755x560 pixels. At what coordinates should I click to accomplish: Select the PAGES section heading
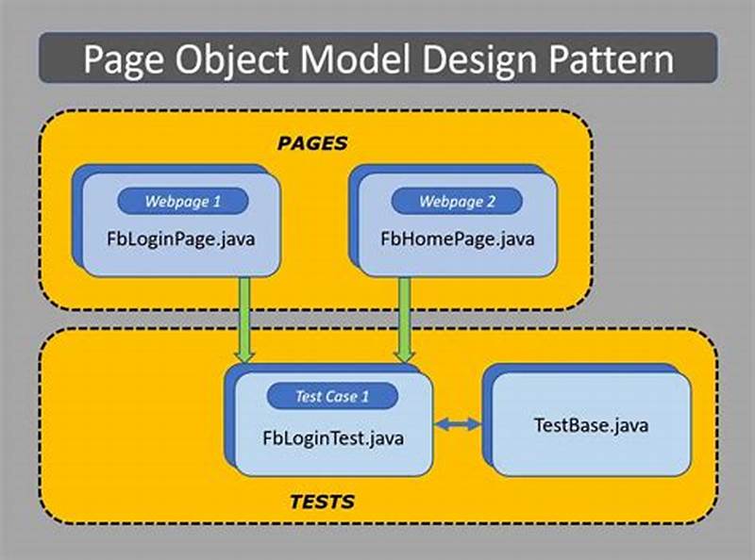point(311,143)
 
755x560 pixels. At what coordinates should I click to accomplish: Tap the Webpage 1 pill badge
point(182,201)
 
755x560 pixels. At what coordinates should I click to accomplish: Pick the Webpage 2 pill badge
point(457,201)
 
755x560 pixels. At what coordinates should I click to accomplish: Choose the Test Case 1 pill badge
point(332,396)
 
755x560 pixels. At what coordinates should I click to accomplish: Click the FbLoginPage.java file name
point(181,239)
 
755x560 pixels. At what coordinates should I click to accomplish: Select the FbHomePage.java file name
point(457,239)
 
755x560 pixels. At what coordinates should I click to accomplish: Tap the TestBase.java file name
point(591,425)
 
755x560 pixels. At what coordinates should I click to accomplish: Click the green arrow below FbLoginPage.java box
point(245,316)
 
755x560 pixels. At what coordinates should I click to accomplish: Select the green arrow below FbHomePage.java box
point(405,316)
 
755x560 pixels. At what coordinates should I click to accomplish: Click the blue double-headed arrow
point(459,426)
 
